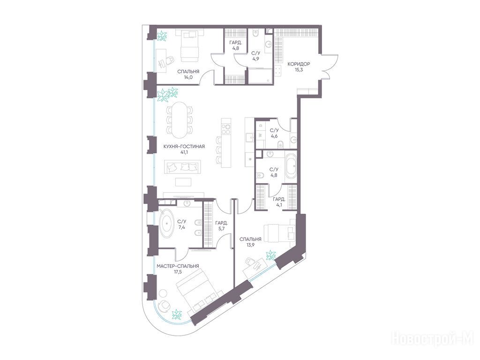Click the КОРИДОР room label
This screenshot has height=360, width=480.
coord(299,64)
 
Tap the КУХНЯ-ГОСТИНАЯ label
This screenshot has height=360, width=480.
coord(184,147)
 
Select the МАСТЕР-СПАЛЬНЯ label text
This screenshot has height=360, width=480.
coord(178,266)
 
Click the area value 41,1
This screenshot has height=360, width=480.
coord(184,153)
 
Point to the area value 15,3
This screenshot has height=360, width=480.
coord(299,70)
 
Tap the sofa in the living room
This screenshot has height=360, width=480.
coord(183,167)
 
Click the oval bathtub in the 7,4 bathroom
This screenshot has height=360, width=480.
coord(167,223)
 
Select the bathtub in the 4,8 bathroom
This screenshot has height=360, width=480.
coord(291,167)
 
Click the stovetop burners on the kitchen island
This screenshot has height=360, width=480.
coord(226,129)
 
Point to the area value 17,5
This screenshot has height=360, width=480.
coord(178,272)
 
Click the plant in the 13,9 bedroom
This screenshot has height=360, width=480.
coord(270,255)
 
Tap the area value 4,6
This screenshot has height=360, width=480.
coord(274,136)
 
